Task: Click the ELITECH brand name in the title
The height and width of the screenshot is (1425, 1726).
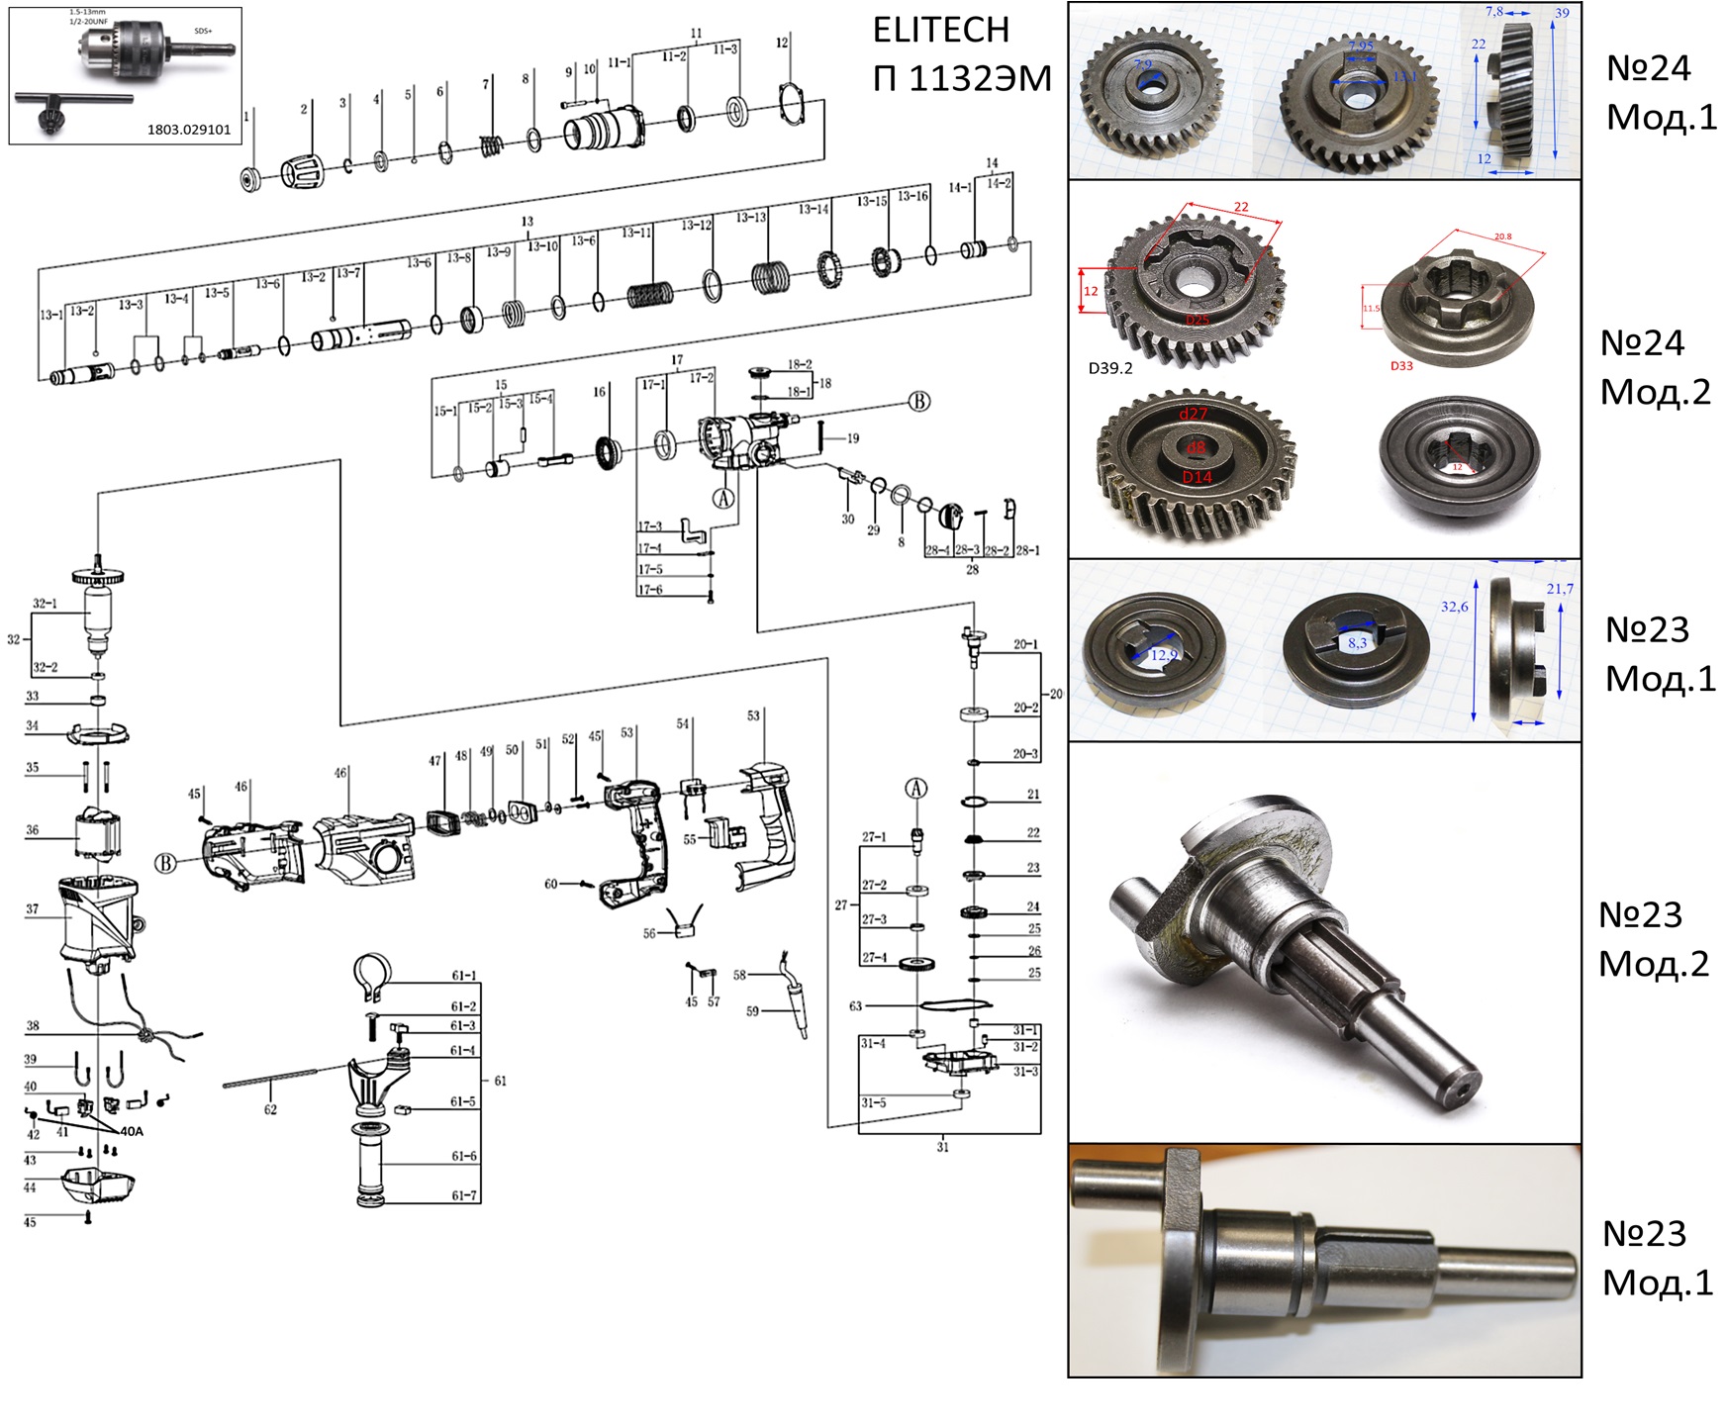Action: [940, 31]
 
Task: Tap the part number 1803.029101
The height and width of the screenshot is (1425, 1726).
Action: [189, 130]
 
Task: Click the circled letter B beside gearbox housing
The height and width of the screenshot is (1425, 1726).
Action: [919, 401]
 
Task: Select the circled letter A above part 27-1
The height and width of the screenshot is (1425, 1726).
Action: [916, 789]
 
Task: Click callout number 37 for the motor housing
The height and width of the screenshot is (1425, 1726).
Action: [33, 908]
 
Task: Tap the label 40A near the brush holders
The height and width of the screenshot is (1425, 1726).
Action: [132, 1131]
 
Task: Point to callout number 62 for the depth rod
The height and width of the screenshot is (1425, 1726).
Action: [270, 1109]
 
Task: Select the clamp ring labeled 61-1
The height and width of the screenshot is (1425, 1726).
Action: [373, 975]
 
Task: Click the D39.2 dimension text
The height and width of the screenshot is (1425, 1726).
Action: [1110, 368]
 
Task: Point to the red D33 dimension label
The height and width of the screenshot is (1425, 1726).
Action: [1401, 366]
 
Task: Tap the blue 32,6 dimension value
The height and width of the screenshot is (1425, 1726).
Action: [1454, 607]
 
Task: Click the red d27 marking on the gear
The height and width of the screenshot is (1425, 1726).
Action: [1193, 414]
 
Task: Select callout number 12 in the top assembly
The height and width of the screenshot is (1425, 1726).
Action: [782, 43]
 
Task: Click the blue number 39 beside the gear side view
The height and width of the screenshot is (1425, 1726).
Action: [1562, 13]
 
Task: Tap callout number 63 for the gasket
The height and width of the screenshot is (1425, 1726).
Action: [855, 1005]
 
